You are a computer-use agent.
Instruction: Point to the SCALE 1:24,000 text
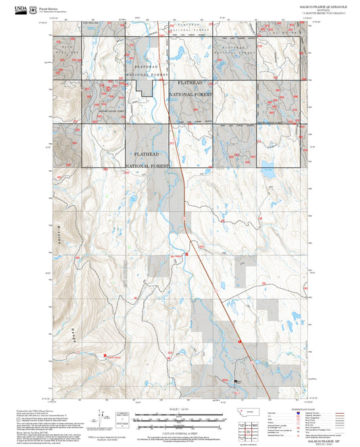pos(180,409)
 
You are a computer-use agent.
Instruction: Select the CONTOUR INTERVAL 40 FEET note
pos(180,432)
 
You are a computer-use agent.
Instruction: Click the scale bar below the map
pos(180,417)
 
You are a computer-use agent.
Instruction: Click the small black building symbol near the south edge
pos(236,382)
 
